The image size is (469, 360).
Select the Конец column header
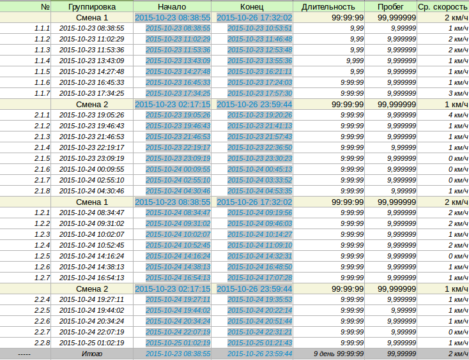[254, 7]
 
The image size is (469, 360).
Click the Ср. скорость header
[443, 7]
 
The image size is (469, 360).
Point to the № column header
[45, 7]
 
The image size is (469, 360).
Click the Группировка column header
[91, 7]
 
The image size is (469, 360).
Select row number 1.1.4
[42, 61]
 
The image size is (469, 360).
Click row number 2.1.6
[42, 169]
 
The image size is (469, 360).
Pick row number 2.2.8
[42, 343]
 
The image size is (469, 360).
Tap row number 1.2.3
[42, 234]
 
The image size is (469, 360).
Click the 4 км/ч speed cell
[458, 115]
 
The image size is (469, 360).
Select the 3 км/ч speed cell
[458, 93]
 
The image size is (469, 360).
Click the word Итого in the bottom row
[91, 354]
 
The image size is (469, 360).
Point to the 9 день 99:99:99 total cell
[339, 354]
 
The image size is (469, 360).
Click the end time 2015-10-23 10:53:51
[259, 28]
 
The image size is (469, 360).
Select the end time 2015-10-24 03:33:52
[259, 180]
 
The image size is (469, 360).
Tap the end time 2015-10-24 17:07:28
[259, 278]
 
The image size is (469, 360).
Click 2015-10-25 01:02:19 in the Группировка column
[91, 343]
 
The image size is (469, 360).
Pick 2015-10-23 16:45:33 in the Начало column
[178, 82]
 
